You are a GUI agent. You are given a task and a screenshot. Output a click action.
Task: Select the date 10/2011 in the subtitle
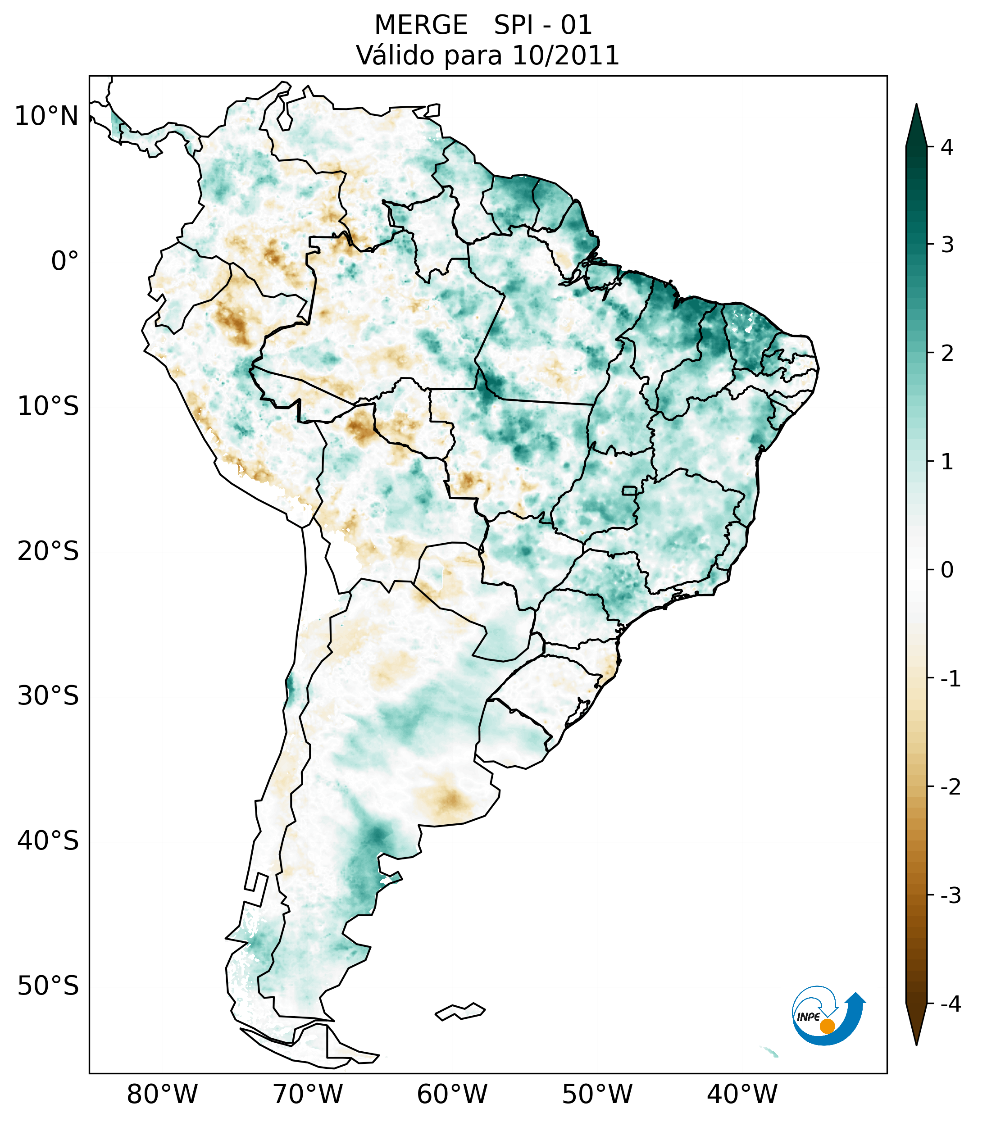tap(565, 55)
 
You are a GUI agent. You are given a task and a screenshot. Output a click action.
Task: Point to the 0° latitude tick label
tap(65, 261)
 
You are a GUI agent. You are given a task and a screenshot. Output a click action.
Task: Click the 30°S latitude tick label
tap(48, 696)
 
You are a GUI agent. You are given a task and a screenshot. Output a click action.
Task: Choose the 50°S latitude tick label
tap(48, 986)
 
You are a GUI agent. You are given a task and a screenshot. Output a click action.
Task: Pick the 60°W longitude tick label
tap(452, 1094)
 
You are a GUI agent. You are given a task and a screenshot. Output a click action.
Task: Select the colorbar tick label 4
tap(946, 147)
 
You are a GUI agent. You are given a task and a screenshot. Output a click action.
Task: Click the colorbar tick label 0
tap(946, 570)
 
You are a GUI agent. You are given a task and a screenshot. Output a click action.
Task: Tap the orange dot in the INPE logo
tap(827, 1026)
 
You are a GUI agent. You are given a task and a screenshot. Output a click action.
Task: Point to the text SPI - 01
tap(542, 25)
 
